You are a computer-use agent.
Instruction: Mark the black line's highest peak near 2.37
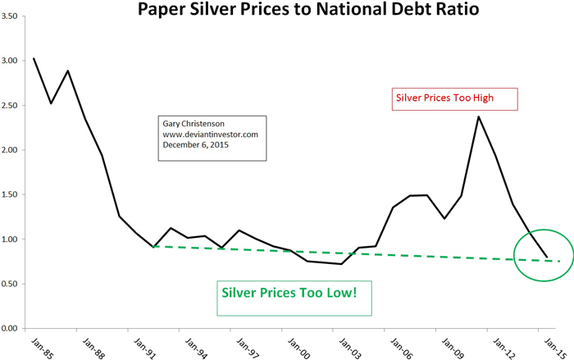[x=479, y=116]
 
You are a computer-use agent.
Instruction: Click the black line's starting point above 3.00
[x=34, y=58]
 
